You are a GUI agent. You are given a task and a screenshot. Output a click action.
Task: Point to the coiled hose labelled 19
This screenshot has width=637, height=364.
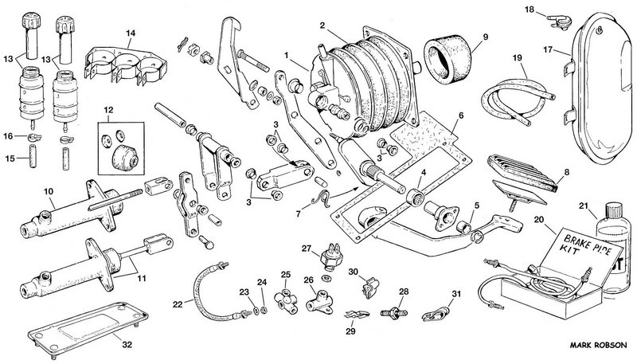pyautogui.click(x=510, y=99)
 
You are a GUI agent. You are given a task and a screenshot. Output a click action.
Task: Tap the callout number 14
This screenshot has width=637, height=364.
pyautogui.click(x=130, y=33)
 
